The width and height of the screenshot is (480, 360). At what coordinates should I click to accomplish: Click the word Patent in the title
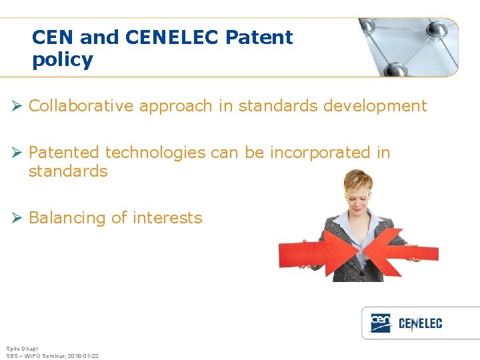click(x=259, y=37)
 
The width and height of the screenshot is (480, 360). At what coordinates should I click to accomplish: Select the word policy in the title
click(x=62, y=60)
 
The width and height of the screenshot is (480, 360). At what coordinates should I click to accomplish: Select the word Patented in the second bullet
click(x=65, y=153)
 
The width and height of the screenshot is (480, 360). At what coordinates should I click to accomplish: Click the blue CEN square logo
click(x=381, y=323)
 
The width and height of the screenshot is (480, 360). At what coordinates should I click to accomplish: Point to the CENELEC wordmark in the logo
click(x=420, y=325)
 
